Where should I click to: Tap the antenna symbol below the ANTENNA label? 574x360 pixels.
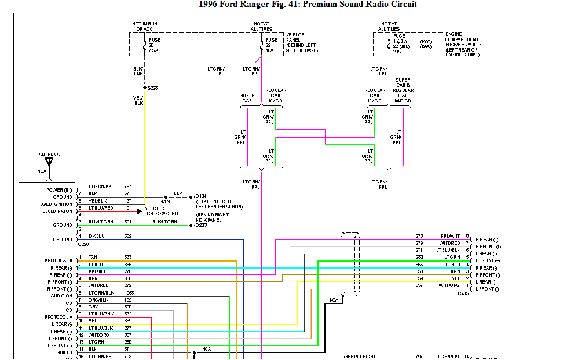[x=49, y=163]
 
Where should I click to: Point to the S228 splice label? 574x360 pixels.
[x=153, y=88]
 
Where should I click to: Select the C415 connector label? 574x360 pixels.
[x=463, y=293]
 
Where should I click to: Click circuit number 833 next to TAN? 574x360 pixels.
[x=128, y=257]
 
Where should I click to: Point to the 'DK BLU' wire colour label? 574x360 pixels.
[x=96, y=237]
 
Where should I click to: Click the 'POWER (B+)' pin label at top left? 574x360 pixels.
[x=59, y=190]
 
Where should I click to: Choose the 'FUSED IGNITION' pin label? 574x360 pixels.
[x=55, y=204]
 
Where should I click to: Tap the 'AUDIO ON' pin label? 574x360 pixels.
[x=61, y=296]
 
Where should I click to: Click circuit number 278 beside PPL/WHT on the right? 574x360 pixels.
[x=419, y=236]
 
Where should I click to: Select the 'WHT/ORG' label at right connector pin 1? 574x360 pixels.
[x=448, y=285]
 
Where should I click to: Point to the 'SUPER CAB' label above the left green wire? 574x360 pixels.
[x=247, y=98]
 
